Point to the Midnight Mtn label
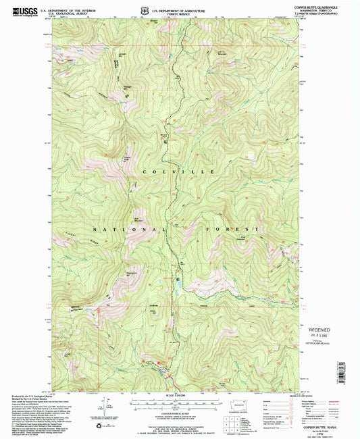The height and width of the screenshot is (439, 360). click(x=126, y=87)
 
